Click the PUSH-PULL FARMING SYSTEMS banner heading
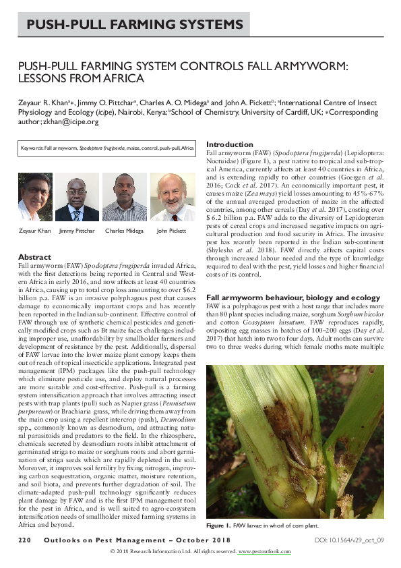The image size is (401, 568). point(135,26)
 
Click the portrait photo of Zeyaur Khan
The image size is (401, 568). point(35,197)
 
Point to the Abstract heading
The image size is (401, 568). point(34,257)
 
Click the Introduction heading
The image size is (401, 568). point(229,144)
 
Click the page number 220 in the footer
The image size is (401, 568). point(25,541)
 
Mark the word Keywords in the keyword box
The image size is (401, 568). point(31,147)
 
